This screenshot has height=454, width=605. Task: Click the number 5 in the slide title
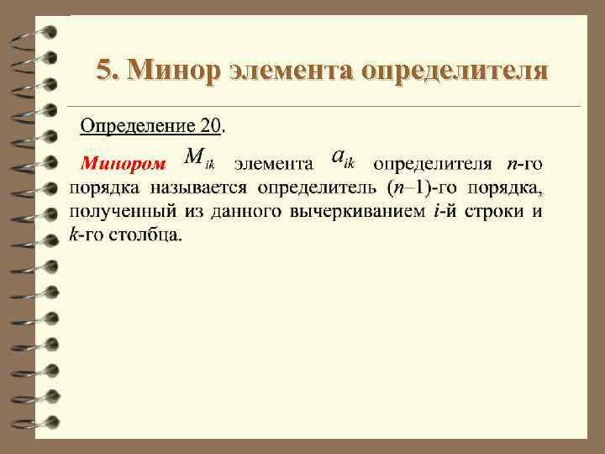pyautogui.click(x=103, y=69)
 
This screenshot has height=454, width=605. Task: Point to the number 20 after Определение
pyautogui.click(x=210, y=126)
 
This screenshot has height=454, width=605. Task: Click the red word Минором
pyautogui.click(x=124, y=163)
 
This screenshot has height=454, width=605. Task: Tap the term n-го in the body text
pyautogui.click(x=525, y=162)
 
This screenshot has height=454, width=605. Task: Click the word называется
pyautogui.click(x=203, y=187)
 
